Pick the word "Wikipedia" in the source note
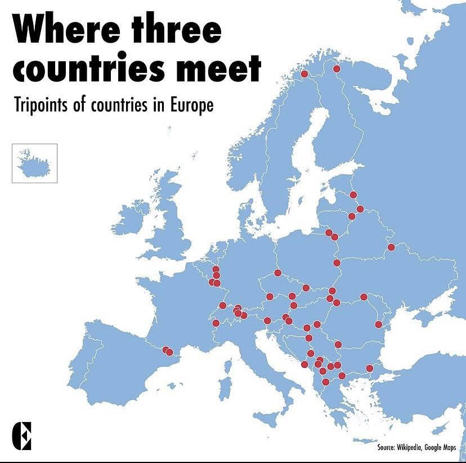point(412,447)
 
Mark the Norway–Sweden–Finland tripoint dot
point(304,74)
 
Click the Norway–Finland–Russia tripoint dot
point(337,69)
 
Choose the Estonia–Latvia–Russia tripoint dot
point(353,194)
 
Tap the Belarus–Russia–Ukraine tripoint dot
point(391,247)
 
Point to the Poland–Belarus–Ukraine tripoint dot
point(337,262)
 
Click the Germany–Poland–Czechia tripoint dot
point(277,273)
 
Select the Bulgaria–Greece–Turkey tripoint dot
point(369,368)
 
